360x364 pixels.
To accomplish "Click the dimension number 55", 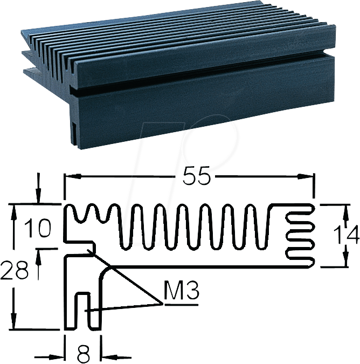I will tap(196, 176).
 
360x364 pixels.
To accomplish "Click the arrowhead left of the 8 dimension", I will tap(59, 356).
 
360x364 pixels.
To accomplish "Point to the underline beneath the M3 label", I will tap(182, 304).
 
